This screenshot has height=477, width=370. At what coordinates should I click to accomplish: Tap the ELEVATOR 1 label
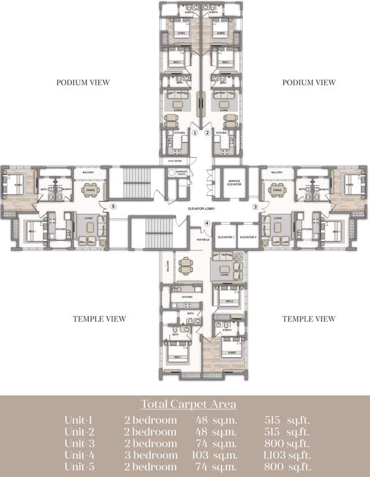[225, 237]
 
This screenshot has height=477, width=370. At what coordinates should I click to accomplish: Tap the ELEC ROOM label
[174, 160]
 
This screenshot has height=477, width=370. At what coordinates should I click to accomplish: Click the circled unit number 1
[194, 132]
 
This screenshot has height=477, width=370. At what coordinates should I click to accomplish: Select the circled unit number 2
[208, 132]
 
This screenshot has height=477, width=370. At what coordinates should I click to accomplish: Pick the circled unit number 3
[254, 206]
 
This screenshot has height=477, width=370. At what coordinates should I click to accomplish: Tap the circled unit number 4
[207, 224]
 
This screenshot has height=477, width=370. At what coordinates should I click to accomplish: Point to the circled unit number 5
[112, 206]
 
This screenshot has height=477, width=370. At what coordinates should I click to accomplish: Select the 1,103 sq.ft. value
[287, 455]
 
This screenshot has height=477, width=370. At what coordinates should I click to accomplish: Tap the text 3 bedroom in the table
[150, 455]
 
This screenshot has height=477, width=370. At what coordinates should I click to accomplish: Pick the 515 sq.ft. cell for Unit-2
[287, 432]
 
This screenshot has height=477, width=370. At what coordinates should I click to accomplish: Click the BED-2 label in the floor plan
[229, 301]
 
